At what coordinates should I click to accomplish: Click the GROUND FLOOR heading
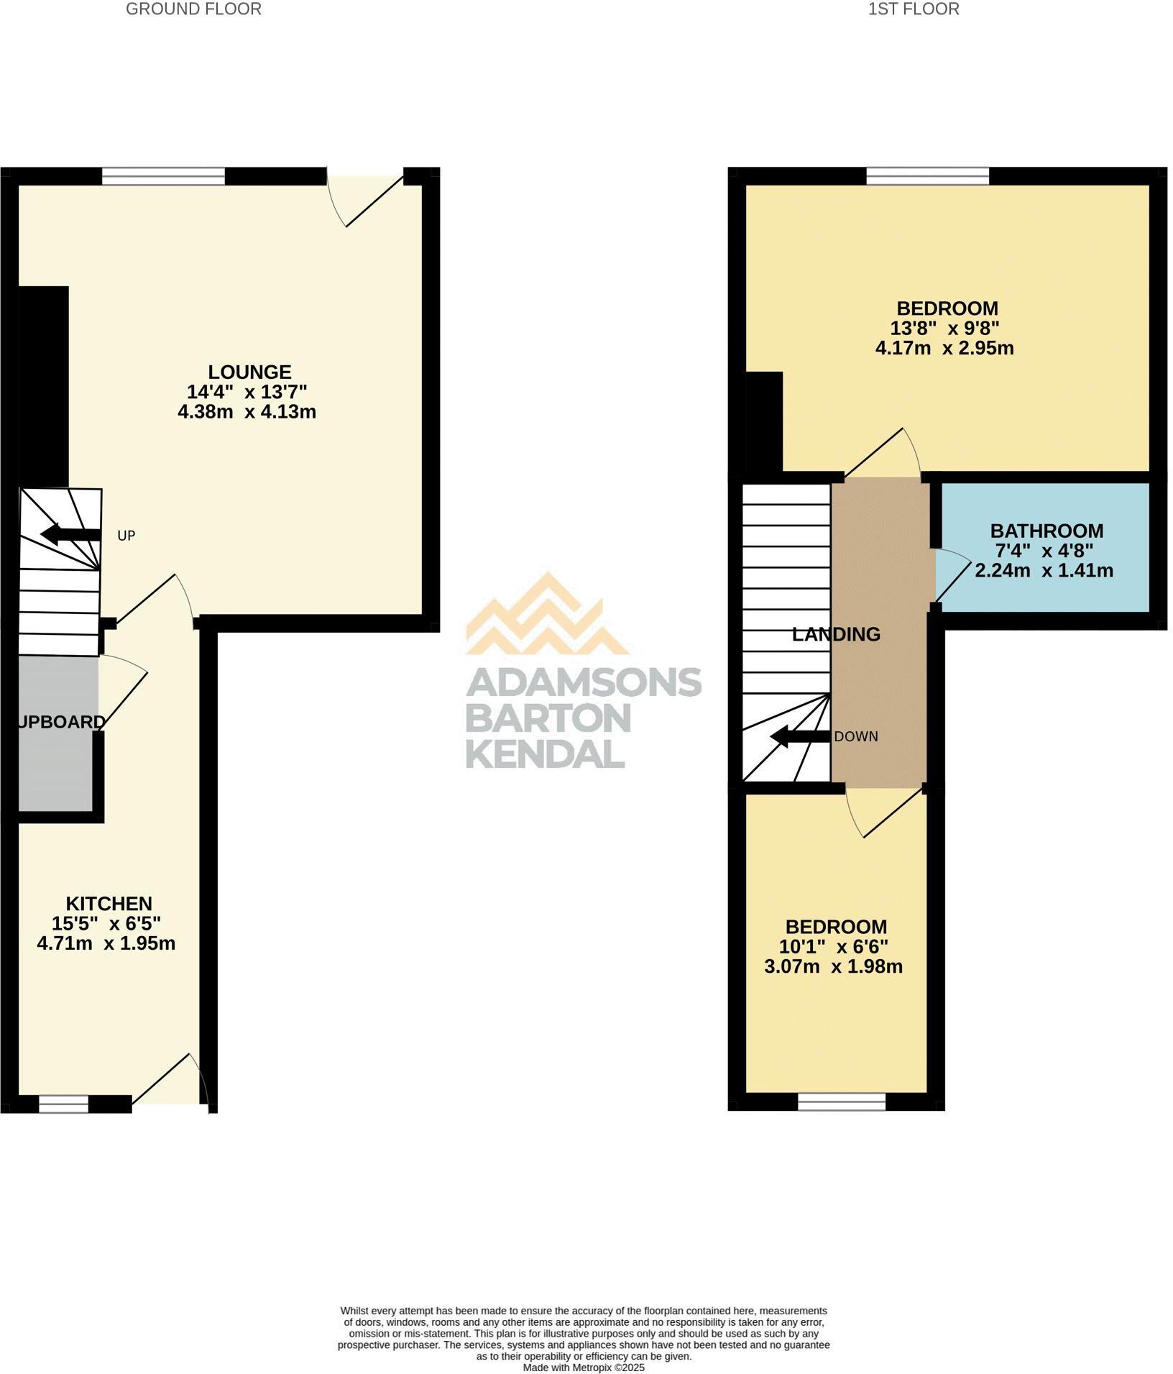pyautogui.click(x=193, y=9)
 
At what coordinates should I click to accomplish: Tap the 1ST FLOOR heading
pyautogui.click(x=914, y=9)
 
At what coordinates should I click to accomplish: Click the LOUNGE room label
pyautogui.click(x=249, y=372)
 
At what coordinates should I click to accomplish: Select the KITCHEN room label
pyautogui.click(x=109, y=903)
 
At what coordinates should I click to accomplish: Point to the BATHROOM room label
pyautogui.click(x=1046, y=531)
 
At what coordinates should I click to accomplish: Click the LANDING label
pyautogui.click(x=836, y=634)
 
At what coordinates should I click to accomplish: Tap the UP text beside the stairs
pyautogui.click(x=126, y=536)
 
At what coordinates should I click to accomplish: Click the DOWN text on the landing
pyautogui.click(x=856, y=737)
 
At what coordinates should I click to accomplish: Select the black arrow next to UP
pyautogui.click(x=70, y=534)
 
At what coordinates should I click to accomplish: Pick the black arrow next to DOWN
pyautogui.click(x=800, y=736)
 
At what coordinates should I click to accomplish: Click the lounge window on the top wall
pyautogui.click(x=163, y=176)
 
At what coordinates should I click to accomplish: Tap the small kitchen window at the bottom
pyautogui.click(x=63, y=1104)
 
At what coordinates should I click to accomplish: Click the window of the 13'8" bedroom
pyautogui.click(x=927, y=176)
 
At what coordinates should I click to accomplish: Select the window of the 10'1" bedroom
pyautogui.click(x=841, y=1102)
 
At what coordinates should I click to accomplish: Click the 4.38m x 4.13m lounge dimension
pyautogui.click(x=247, y=412)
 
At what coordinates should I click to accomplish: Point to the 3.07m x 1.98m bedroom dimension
pyautogui.click(x=833, y=966)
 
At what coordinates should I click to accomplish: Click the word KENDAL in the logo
pyautogui.click(x=545, y=754)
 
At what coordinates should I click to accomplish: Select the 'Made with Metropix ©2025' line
pyautogui.click(x=584, y=1367)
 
